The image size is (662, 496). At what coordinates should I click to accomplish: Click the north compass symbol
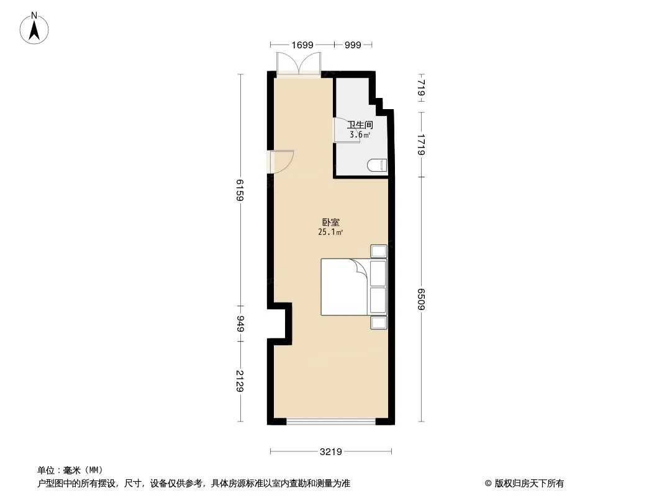coord(35,28)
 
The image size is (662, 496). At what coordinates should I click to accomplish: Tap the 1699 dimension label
coord(302,45)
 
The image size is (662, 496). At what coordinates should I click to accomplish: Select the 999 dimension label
coord(353,45)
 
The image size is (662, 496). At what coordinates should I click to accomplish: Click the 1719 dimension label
coord(421,144)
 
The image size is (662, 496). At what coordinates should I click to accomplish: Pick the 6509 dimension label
coord(421,301)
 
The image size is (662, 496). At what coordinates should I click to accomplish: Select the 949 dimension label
coord(240,323)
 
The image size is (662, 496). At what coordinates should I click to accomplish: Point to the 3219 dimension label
coord(332,451)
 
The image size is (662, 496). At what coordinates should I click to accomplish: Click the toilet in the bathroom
coord(377,165)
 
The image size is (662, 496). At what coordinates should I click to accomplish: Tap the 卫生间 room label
coord(360,125)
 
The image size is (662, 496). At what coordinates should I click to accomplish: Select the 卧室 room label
coord(330,222)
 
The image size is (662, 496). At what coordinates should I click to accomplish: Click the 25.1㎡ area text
coord(330,232)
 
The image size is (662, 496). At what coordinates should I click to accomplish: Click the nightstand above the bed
coord(379,251)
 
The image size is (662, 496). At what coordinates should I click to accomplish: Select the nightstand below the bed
coord(379,322)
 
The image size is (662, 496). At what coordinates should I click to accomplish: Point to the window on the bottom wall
coord(331,422)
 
